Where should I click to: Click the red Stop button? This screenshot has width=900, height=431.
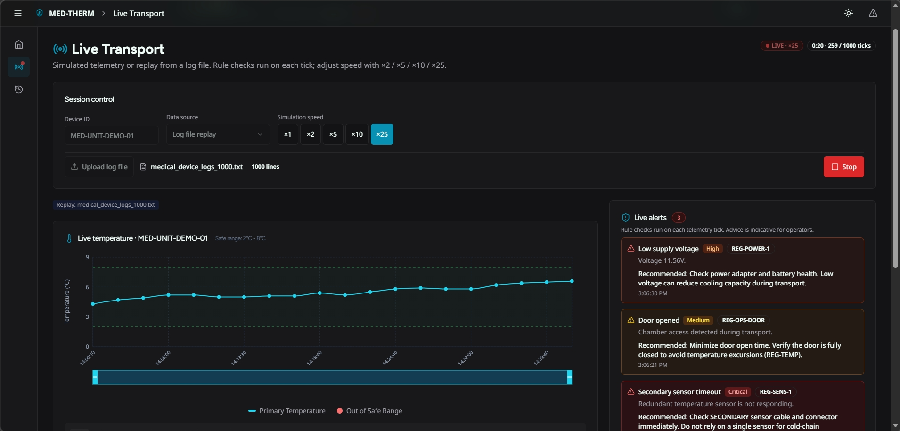click(x=843, y=167)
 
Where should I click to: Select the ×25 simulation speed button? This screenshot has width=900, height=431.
click(x=382, y=134)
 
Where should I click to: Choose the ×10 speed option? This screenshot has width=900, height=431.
click(x=357, y=134)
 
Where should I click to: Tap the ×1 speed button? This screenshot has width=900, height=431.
click(x=287, y=134)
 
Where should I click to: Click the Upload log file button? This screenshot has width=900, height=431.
click(x=99, y=167)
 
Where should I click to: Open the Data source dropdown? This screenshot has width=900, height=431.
click(x=218, y=134)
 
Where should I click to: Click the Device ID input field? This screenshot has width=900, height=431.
click(x=112, y=135)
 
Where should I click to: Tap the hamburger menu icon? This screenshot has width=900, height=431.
click(x=18, y=13)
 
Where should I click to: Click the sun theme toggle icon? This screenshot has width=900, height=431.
click(x=849, y=13)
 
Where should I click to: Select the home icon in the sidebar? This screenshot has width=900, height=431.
click(x=19, y=44)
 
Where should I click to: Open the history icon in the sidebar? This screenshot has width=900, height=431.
click(x=19, y=89)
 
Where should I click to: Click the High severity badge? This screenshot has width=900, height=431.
click(x=712, y=249)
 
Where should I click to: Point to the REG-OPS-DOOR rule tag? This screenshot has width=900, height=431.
click(x=743, y=320)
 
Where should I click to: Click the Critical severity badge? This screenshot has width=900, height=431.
click(x=737, y=392)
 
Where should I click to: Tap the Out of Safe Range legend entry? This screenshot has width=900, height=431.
click(x=369, y=411)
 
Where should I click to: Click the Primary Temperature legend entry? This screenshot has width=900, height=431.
click(x=287, y=411)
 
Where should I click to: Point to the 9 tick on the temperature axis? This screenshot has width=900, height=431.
click(x=87, y=257)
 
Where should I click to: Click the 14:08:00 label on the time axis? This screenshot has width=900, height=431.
click(x=163, y=358)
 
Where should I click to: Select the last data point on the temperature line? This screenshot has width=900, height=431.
click(x=572, y=281)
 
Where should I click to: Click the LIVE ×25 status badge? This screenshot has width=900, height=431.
click(x=782, y=46)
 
